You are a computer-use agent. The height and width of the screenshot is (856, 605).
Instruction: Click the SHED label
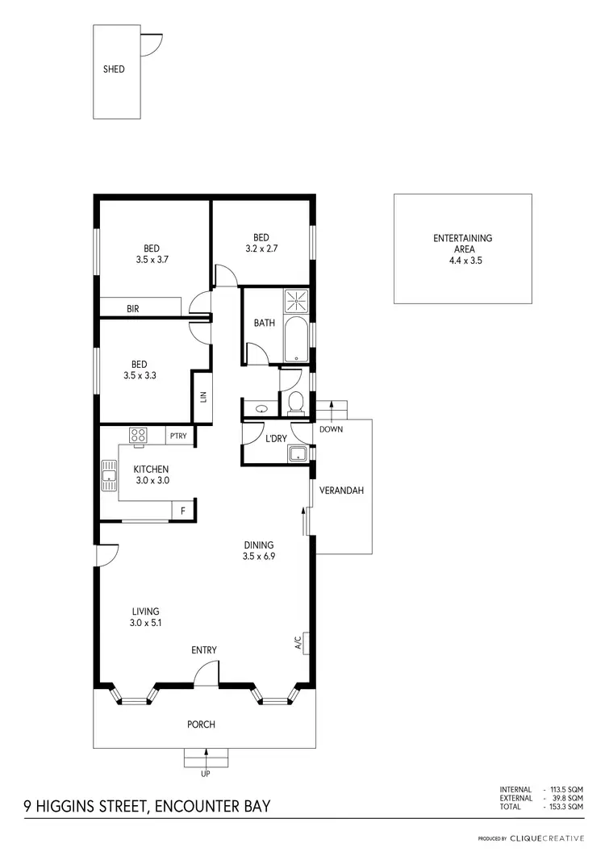pyautogui.click(x=114, y=69)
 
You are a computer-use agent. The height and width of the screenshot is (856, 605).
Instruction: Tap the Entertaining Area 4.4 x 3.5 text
pyautogui.click(x=462, y=249)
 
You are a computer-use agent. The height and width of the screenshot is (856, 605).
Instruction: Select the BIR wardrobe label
pyautogui.click(x=133, y=308)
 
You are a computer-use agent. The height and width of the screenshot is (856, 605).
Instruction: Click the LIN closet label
pyautogui.click(x=203, y=396)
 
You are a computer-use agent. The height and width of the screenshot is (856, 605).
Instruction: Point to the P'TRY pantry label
pyautogui.click(x=178, y=436)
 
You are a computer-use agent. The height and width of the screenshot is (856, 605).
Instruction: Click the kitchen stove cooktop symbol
pyautogui.click(x=138, y=436)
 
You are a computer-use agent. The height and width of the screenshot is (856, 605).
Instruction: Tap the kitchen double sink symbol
pyautogui.click(x=109, y=476)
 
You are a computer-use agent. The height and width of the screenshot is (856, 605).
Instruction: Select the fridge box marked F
pyautogui.click(x=183, y=511)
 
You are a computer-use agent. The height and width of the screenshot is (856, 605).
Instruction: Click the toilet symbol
pyautogui.click(x=295, y=401)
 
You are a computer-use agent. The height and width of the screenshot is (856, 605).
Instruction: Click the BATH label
pyautogui.click(x=264, y=323)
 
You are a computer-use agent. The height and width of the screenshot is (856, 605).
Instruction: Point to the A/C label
pyautogui.click(x=298, y=642)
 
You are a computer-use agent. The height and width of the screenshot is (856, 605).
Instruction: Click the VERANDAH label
pyautogui.click(x=342, y=491)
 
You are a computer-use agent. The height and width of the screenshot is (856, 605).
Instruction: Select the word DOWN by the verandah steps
pyautogui.click(x=331, y=429)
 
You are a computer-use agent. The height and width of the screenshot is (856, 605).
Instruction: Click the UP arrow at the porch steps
pyautogui.click(x=207, y=760)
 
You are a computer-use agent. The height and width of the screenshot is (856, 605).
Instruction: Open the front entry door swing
pyautogui.click(x=207, y=674)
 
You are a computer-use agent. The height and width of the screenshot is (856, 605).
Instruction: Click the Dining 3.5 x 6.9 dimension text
pyautogui.click(x=258, y=550)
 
